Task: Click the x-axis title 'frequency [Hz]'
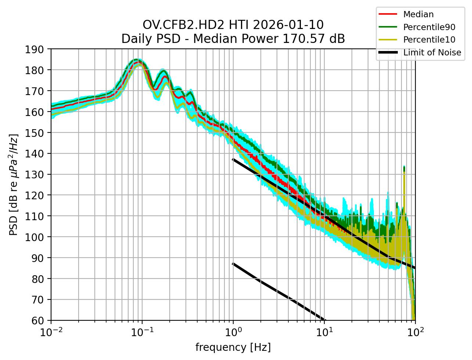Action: click(233, 347)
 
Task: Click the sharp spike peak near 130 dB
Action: click(404, 167)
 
